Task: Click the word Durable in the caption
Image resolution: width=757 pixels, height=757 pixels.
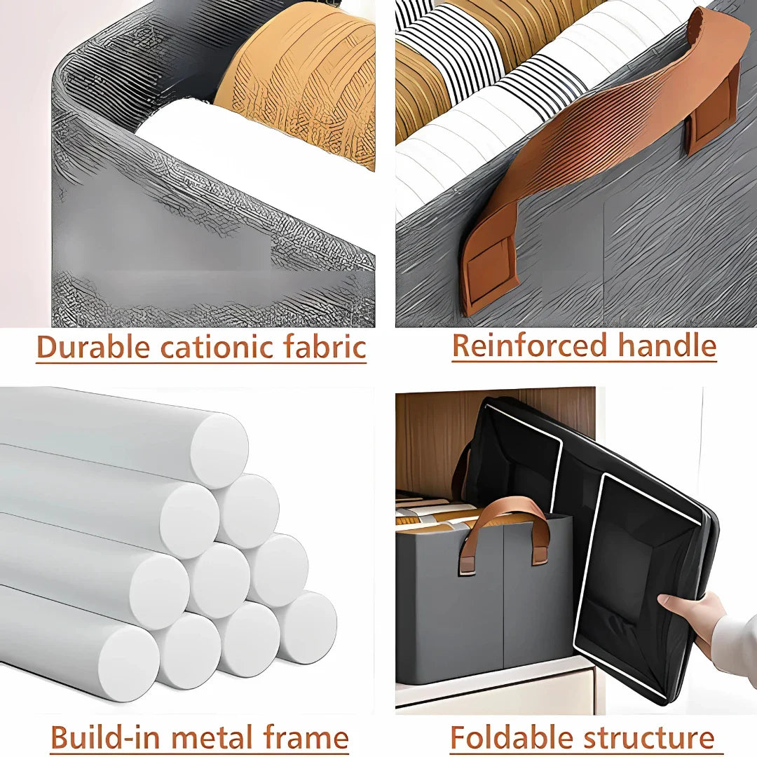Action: [94, 347]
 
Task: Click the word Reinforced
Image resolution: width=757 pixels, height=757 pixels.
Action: [529, 346]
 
